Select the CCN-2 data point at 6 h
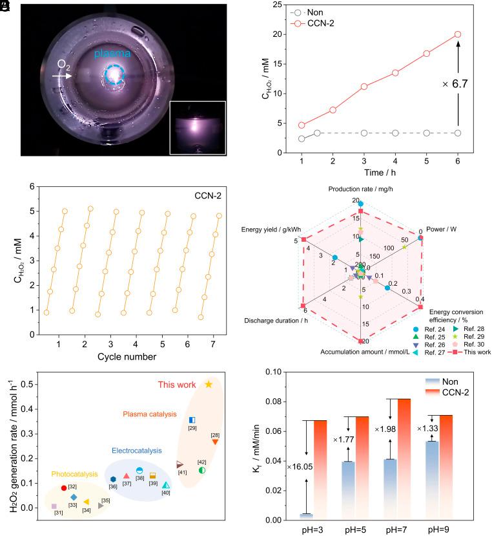[458, 34]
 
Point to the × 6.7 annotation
[455, 83]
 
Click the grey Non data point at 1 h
[302, 139]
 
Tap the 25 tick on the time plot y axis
[276, 5]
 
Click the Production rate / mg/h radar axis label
[361, 189]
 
